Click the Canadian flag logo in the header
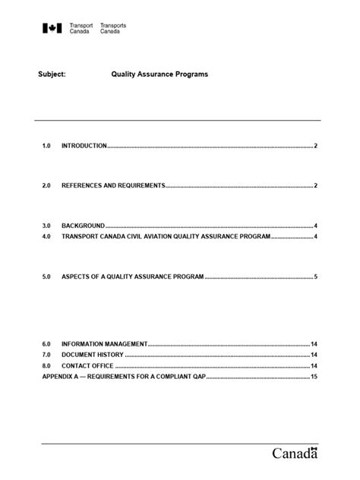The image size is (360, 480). coord(52,29)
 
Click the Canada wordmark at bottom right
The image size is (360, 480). coord(295,453)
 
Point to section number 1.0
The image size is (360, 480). coord(46,145)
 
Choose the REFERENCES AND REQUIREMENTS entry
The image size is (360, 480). coord(113,185)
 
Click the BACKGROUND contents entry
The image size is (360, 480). coord(83,226)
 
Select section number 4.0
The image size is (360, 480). coord(46,237)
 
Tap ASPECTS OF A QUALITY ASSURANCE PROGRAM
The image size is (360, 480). coord(132,277)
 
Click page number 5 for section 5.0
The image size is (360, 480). coord(315,277)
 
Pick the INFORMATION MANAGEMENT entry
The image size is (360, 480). coord(104,344)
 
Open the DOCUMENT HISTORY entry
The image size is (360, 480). coord(92,355)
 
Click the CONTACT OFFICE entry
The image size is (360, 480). coord(87,366)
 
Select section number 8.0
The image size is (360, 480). coord(46,366)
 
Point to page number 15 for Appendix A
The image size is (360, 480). coord(314,377)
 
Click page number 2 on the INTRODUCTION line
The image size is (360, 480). coord(315,145)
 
